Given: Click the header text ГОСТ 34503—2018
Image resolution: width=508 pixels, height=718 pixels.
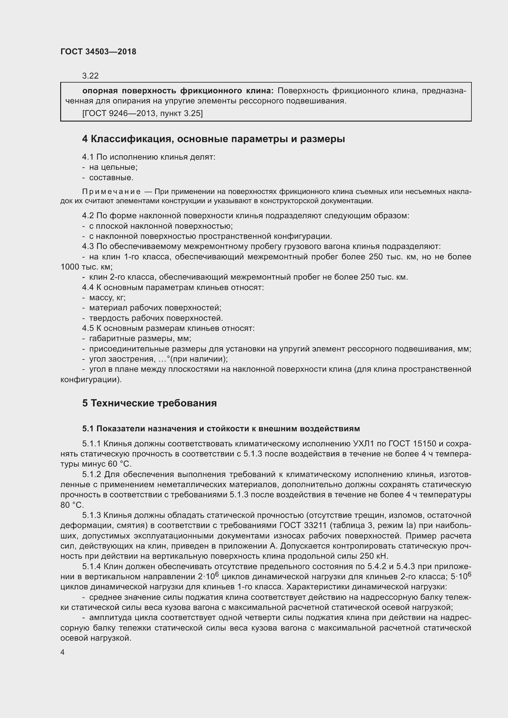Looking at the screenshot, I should pyautogui.click(x=98, y=52).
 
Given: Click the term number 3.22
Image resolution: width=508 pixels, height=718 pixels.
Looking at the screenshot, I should pyautogui.click(x=90, y=76).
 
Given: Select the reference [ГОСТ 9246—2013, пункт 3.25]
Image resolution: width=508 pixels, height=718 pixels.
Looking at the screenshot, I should pyautogui.click(x=142, y=113).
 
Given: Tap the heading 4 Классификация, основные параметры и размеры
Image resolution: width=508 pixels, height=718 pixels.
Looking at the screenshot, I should pyautogui.click(x=213, y=139).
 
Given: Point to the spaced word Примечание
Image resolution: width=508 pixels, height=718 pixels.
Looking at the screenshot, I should pyautogui.click(x=111, y=191).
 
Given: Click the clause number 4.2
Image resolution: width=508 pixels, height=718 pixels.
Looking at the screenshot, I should pyautogui.click(x=88, y=215).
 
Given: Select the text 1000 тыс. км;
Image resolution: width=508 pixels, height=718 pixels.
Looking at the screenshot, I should pyautogui.click(x=86, y=267).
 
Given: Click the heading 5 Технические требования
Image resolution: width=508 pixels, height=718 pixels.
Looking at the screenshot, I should pyautogui.click(x=149, y=403).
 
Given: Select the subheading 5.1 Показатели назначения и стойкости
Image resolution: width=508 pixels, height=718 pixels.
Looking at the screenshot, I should pyautogui.click(x=221, y=429).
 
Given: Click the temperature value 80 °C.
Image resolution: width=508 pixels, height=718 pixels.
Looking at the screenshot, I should pyautogui.click(x=72, y=505).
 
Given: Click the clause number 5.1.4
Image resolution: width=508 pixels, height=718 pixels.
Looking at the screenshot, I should pyautogui.click(x=92, y=566).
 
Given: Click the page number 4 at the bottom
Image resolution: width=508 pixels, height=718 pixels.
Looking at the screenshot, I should pyautogui.click(x=63, y=652).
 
